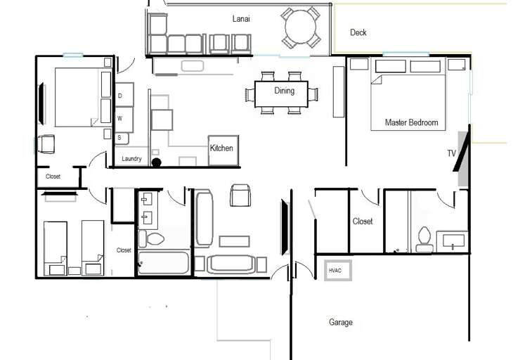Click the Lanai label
point(242,18)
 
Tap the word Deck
point(358,32)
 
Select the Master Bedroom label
point(411,122)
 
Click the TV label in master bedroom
point(451,153)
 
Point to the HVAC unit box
point(337,270)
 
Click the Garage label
point(341,323)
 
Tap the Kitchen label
point(221,148)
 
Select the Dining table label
point(285,91)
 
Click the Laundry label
point(131,159)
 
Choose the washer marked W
point(120,118)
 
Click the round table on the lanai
point(302,28)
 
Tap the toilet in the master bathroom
point(424,239)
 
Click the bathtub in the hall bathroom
point(163,263)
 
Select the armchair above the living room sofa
point(240,195)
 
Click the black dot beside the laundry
point(156,163)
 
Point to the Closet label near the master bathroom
point(363,221)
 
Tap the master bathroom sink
point(453,241)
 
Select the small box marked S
point(119,138)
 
